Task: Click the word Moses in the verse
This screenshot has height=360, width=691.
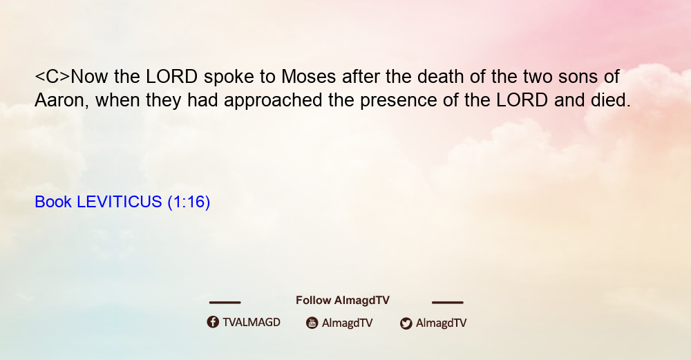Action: (x=308, y=77)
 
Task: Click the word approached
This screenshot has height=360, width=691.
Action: (x=273, y=102)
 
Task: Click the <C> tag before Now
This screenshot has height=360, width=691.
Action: (x=53, y=77)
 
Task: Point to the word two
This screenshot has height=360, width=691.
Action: (x=538, y=77)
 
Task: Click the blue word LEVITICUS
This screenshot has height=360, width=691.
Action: (x=120, y=202)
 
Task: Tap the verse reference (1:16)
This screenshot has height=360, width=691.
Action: (x=189, y=202)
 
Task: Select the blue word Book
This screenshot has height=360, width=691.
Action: (x=53, y=202)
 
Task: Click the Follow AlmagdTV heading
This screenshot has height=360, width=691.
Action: (x=343, y=301)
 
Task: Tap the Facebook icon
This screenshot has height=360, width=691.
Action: (x=213, y=322)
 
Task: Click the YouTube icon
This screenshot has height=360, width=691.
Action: (x=312, y=323)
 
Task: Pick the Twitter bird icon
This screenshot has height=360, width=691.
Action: (x=406, y=323)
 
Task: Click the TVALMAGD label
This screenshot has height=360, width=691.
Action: (x=252, y=322)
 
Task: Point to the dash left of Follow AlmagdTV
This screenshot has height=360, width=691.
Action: (x=225, y=302)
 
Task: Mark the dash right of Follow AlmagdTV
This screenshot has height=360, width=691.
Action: (x=447, y=302)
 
